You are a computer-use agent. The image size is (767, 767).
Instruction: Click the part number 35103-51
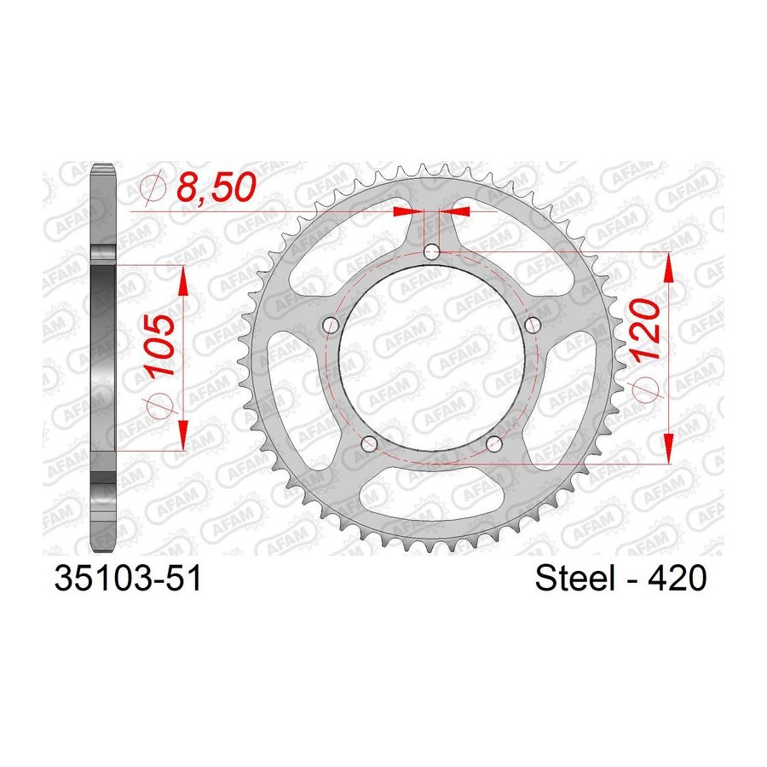click(128, 580)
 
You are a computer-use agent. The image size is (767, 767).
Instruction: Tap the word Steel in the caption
click(574, 578)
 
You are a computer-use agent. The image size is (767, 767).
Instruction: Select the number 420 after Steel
click(678, 579)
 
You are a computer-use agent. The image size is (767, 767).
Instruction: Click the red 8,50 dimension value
click(216, 187)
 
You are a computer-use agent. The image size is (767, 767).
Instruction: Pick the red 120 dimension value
click(645, 331)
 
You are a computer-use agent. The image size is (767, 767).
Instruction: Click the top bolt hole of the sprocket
click(431, 253)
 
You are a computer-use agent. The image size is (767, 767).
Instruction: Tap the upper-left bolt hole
click(332, 325)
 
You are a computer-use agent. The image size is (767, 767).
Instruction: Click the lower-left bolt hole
click(369, 444)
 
